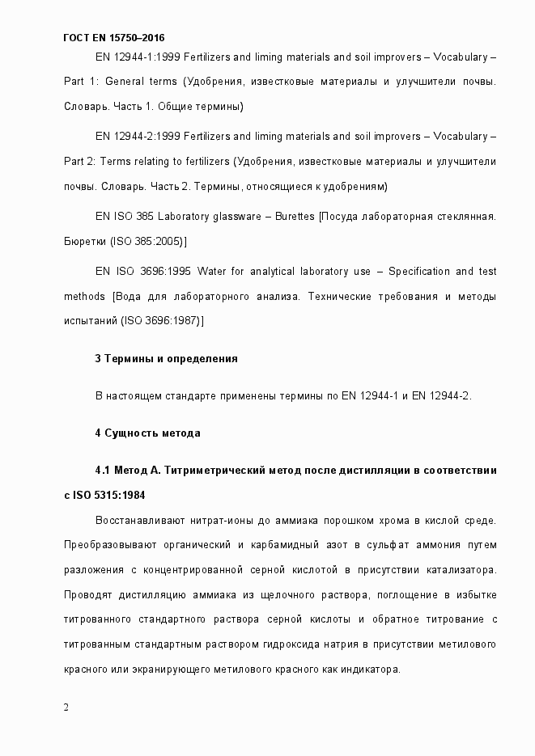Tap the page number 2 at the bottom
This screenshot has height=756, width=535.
coord(66,707)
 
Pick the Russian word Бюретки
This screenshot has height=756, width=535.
coord(85,241)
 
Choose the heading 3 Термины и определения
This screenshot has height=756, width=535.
coord(166,358)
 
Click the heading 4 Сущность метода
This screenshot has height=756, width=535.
coord(147,433)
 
